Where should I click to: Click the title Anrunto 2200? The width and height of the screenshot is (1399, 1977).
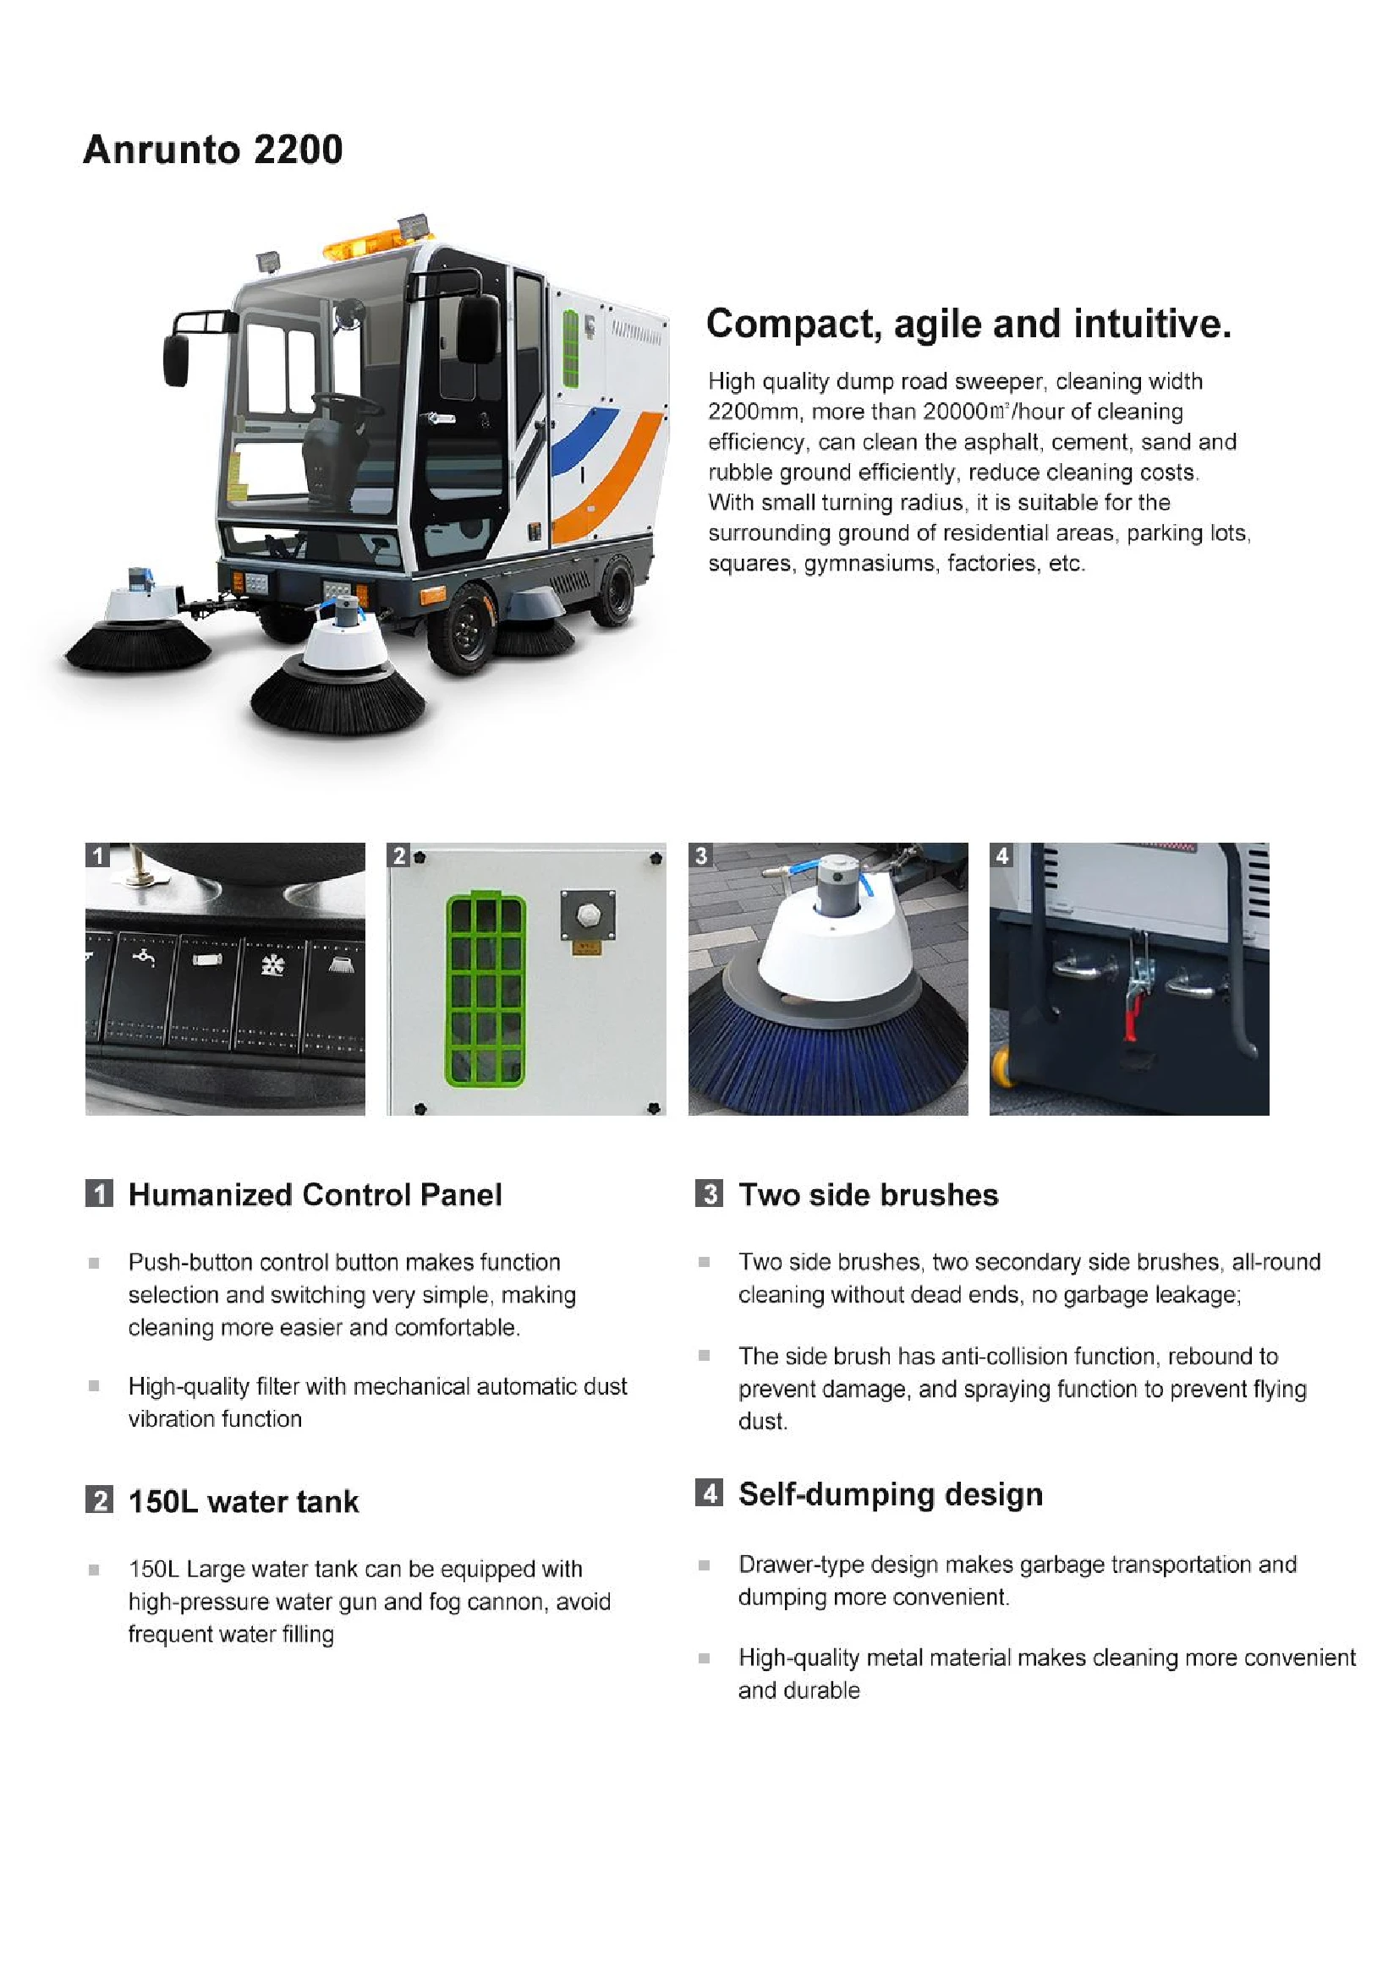[x=213, y=150]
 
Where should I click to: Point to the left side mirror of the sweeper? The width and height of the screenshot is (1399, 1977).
[x=176, y=360]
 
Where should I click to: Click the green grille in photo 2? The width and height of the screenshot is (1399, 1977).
[x=485, y=991]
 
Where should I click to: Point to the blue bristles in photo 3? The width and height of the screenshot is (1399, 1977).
[x=827, y=1055]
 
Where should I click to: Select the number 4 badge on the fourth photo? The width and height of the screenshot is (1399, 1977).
[x=1001, y=855]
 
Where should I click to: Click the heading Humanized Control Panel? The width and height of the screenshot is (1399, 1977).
[x=315, y=1195]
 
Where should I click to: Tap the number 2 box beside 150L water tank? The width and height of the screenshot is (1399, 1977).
[x=99, y=1501]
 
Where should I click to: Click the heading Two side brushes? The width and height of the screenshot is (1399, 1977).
[x=868, y=1195]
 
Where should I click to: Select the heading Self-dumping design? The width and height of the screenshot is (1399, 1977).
[x=890, y=1494]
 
